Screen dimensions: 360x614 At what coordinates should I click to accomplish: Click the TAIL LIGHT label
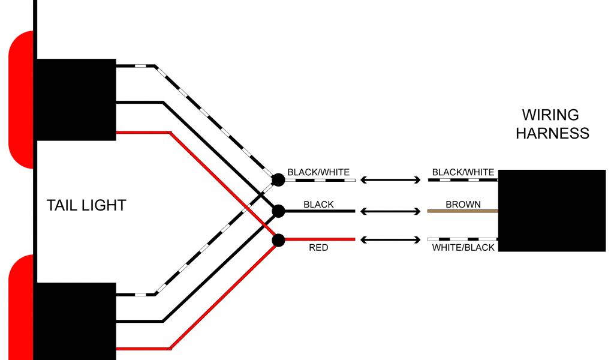point(86,205)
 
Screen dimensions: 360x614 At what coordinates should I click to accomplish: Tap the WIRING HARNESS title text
point(552,124)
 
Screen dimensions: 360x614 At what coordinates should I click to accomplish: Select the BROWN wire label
point(463,205)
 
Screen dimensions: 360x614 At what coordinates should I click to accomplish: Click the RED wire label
point(318,247)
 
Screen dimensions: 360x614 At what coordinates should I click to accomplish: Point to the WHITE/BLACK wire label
point(463,247)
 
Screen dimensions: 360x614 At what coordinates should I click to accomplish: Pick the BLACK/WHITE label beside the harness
point(463,173)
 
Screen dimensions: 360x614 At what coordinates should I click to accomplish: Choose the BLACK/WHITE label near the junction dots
point(318,173)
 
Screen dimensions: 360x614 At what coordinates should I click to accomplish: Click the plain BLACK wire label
point(318,205)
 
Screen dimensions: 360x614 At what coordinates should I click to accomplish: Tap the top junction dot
point(278,179)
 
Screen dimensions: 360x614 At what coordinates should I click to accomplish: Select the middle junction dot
point(278,211)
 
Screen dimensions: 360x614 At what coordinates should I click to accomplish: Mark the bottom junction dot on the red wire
point(278,240)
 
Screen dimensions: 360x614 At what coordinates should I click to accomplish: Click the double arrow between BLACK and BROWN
point(390,211)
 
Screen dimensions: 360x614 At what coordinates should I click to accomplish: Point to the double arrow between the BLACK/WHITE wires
point(390,179)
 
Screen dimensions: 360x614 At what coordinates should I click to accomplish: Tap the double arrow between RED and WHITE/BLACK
point(390,240)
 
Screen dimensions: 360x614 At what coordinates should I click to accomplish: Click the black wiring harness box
point(552,210)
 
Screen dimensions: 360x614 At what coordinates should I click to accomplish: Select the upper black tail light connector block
point(76,100)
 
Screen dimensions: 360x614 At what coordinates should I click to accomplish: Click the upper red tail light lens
point(21,100)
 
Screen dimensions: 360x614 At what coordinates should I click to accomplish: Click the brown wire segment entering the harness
point(463,211)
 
